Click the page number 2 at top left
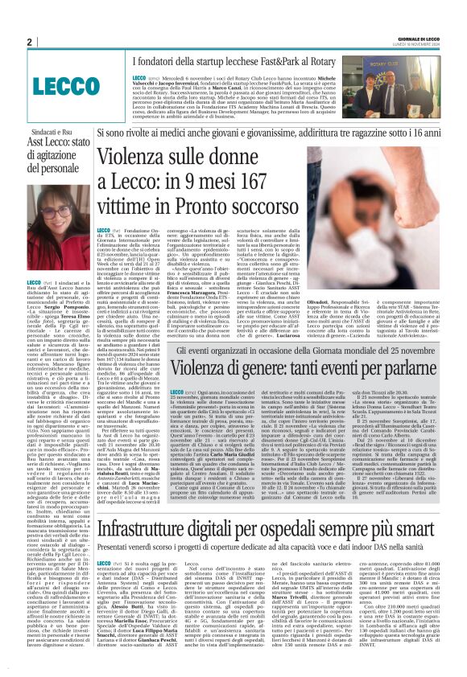pyautogui.click(x=29, y=42)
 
